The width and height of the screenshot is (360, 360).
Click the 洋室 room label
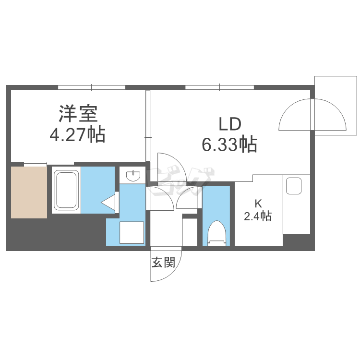[x=78, y=114]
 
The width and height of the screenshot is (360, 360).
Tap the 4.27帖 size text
[x=78, y=134]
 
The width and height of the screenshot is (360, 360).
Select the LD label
[x=230, y=124]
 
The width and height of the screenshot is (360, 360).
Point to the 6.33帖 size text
[x=229, y=144]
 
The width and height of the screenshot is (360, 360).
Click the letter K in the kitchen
[x=258, y=204]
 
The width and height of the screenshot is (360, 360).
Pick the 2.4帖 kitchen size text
[x=258, y=216]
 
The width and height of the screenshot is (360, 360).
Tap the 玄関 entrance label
[x=163, y=262]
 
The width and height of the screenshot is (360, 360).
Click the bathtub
[x=66, y=190]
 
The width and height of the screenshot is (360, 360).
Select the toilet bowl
[x=217, y=233]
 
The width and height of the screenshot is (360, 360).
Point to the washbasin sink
[x=132, y=176]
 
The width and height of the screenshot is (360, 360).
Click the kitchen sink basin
[x=294, y=186]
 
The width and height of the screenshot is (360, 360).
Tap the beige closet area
[x=29, y=192]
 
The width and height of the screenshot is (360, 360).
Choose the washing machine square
[x=132, y=232]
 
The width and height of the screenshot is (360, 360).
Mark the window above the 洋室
[x=92, y=87]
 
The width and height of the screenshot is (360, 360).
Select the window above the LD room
[x=220, y=87]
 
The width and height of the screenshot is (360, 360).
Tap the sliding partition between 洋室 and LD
[x=148, y=126]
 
